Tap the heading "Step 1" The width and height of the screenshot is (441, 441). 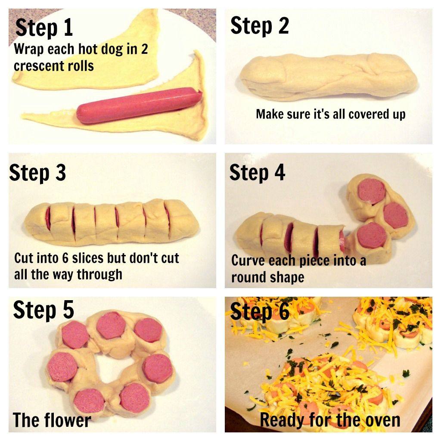(44, 28)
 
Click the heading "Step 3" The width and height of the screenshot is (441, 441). (37, 173)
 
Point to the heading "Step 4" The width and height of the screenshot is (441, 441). (257, 173)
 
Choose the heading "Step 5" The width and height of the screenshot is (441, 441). (43, 310)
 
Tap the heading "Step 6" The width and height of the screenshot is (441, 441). (260, 311)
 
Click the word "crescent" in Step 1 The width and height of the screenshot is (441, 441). (37, 66)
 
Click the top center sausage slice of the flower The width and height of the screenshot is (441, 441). (111, 326)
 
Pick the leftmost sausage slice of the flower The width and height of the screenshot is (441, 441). (63, 366)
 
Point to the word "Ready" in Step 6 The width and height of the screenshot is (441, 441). (283, 420)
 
